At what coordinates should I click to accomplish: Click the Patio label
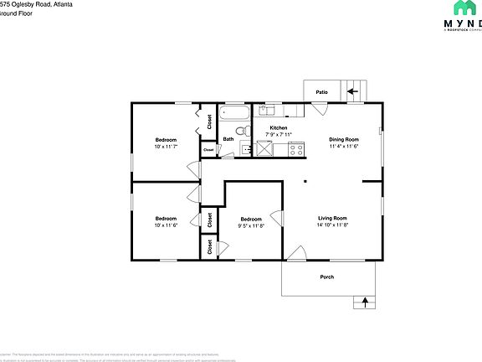(321, 92)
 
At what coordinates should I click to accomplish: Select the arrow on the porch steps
(365, 302)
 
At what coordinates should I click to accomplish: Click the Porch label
(327, 277)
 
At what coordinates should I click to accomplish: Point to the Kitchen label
(278, 128)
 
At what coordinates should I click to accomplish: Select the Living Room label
(332, 218)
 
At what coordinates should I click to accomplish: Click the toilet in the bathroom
(240, 132)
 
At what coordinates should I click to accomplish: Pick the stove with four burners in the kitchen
(295, 149)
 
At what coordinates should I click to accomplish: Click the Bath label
(228, 139)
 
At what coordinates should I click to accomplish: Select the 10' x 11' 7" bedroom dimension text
(166, 147)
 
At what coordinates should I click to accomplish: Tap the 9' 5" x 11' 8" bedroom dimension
(250, 225)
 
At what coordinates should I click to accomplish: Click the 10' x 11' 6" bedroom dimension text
(166, 225)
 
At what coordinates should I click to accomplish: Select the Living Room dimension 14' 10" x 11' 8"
(332, 225)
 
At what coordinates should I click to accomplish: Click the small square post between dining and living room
(305, 180)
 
